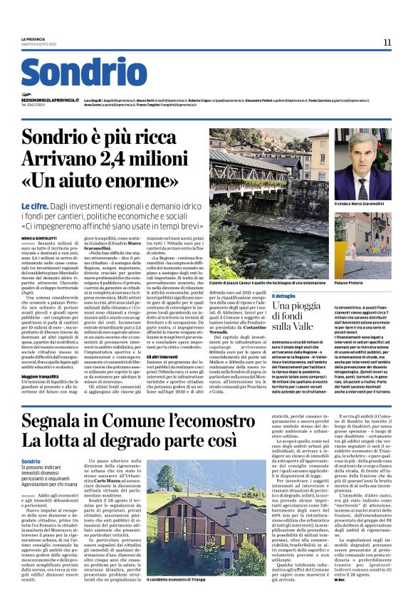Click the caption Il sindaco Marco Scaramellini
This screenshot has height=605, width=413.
(362, 204)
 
